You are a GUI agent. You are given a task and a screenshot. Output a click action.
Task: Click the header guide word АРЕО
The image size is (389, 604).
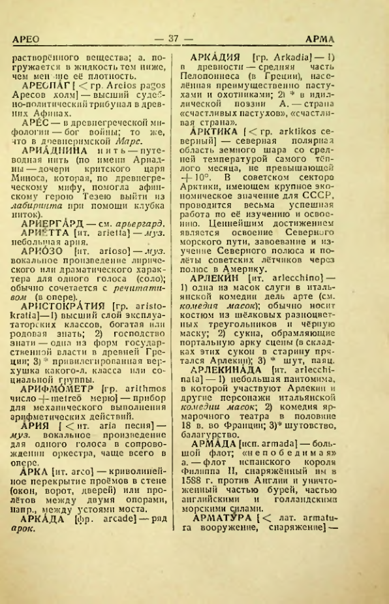[x=27, y=40]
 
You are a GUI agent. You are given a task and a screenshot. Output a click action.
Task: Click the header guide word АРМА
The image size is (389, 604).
[x=359, y=40]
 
